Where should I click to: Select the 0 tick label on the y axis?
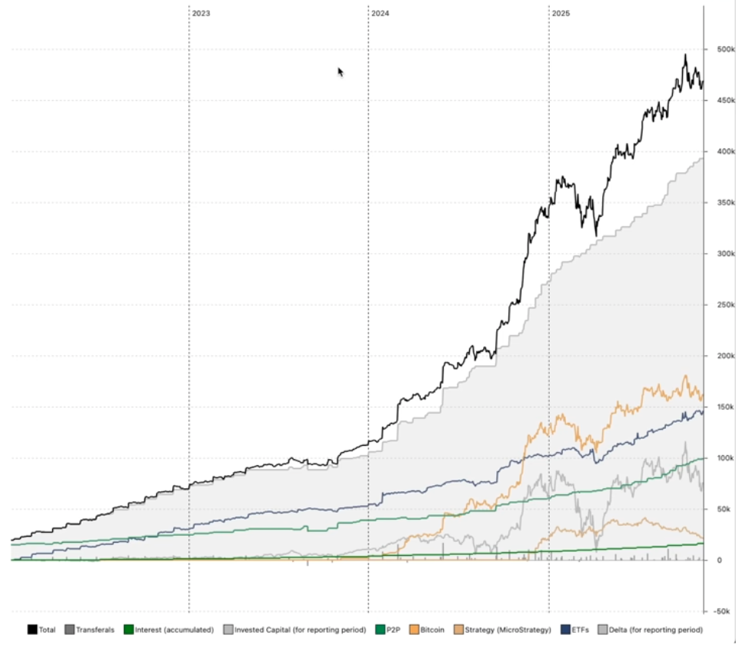pyautogui.click(x=718, y=560)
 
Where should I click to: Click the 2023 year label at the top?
pyautogui.click(x=201, y=14)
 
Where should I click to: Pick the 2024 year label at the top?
pyautogui.click(x=380, y=14)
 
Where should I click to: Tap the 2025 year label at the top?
pyautogui.click(x=561, y=14)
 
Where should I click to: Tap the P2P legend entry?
pyautogui.click(x=394, y=630)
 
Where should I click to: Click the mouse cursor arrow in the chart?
pyautogui.click(x=340, y=71)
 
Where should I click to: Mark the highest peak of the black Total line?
pyautogui.click(x=685, y=55)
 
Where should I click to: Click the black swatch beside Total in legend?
pyautogui.click(x=32, y=630)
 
